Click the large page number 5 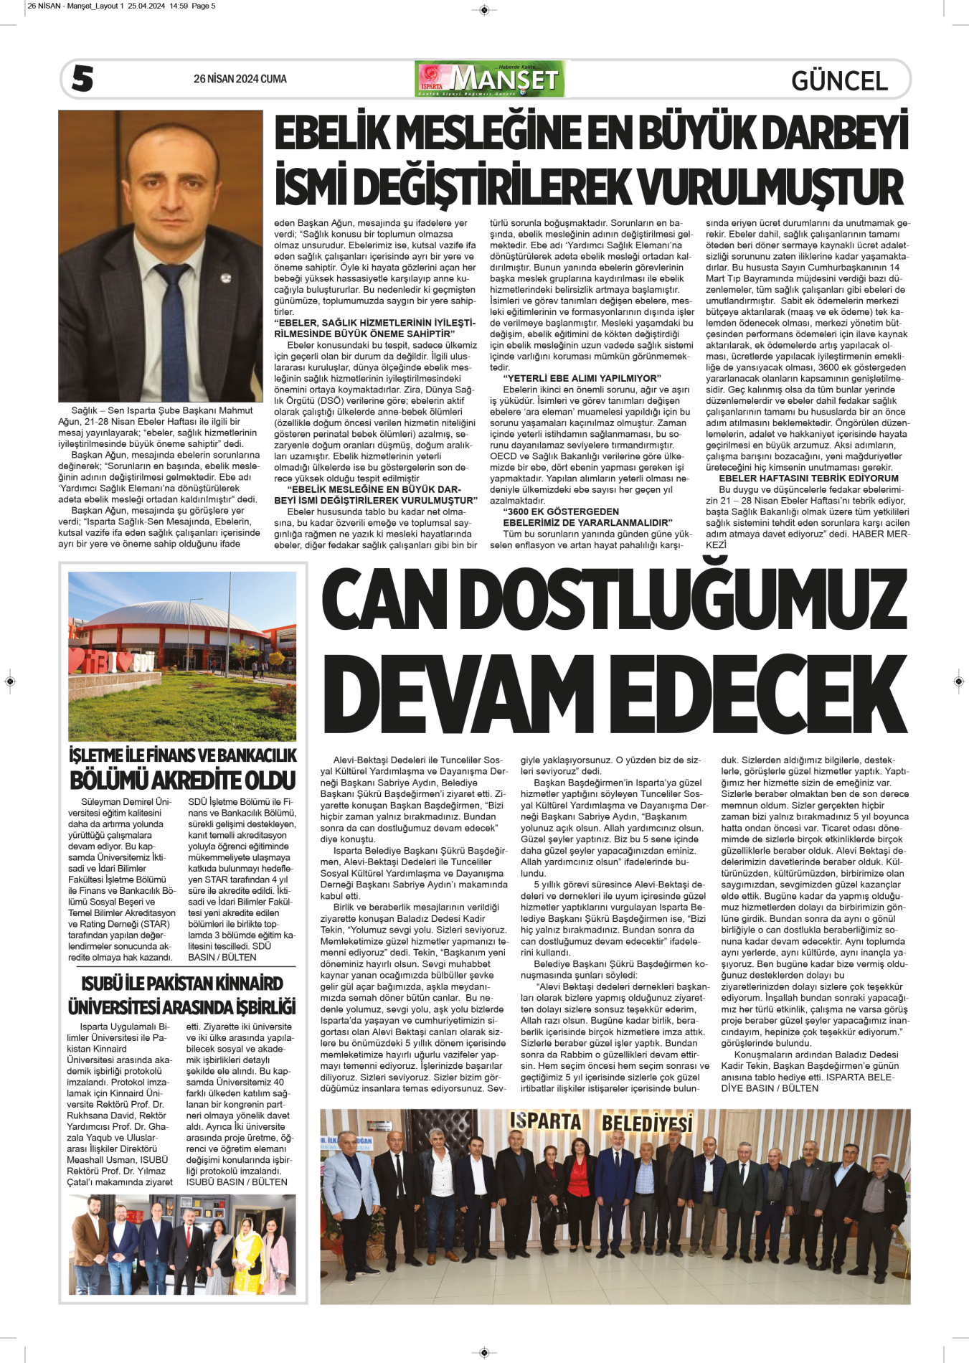point(82,78)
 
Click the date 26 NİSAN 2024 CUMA point(240,79)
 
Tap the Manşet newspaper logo point(490,79)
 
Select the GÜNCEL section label point(839,80)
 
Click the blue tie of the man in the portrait point(175,329)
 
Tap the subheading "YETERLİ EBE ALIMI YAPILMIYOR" point(582,378)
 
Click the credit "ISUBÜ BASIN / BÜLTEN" point(237,1182)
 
